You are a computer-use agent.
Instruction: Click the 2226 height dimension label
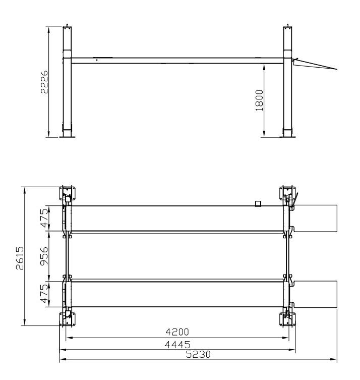44,82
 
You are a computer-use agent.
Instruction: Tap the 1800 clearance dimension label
259,100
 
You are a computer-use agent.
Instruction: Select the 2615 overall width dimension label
20,258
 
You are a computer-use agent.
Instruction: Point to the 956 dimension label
44,256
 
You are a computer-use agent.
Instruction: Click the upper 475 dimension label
44,218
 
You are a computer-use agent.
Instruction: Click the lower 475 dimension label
44,294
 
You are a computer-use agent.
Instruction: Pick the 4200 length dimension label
177,332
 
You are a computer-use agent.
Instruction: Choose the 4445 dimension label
177,344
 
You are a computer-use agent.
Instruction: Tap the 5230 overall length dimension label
198,354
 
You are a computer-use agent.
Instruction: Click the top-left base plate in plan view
67,193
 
